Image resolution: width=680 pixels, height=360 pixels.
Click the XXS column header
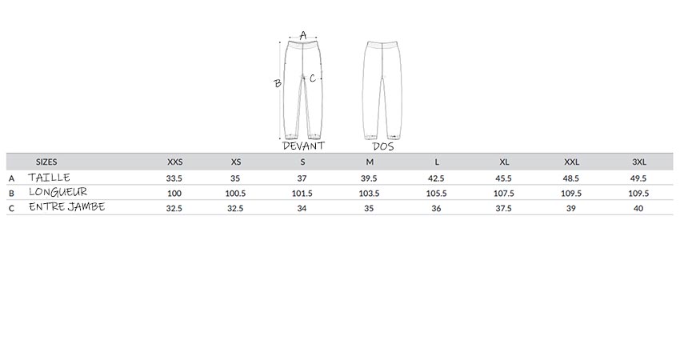point(174,162)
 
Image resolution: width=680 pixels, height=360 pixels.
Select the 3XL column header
point(639,162)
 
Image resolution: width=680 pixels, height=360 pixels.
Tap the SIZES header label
point(46,162)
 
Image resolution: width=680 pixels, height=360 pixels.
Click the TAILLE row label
point(49,177)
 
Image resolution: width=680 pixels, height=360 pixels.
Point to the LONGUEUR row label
point(58,192)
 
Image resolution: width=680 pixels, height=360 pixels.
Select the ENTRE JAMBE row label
point(66,206)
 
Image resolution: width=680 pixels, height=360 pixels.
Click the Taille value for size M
point(369,178)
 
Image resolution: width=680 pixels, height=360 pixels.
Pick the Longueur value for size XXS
point(174,194)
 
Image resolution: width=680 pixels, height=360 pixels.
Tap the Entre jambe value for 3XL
point(638,208)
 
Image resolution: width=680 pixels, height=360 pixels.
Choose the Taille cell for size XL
point(503,178)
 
